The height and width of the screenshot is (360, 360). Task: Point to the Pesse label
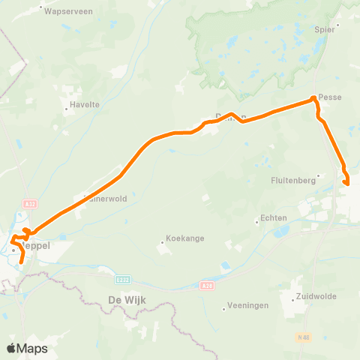tap(330, 97)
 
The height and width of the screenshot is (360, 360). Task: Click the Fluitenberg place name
tap(293, 180)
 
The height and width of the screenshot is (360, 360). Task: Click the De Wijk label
tap(125, 301)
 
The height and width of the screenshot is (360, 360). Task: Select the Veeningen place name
tap(247, 306)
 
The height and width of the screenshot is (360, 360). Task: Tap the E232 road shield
tap(122, 278)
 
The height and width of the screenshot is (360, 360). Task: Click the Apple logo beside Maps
tap(11, 348)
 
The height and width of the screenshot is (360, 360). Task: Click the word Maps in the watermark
tap(33, 348)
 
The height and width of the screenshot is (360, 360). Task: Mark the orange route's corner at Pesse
tap(313, 99)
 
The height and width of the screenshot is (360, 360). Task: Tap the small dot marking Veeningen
tap(225, 308)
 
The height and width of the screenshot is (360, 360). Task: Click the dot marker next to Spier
tap(338, 24)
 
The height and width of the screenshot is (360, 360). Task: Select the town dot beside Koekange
tap(163, 241)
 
